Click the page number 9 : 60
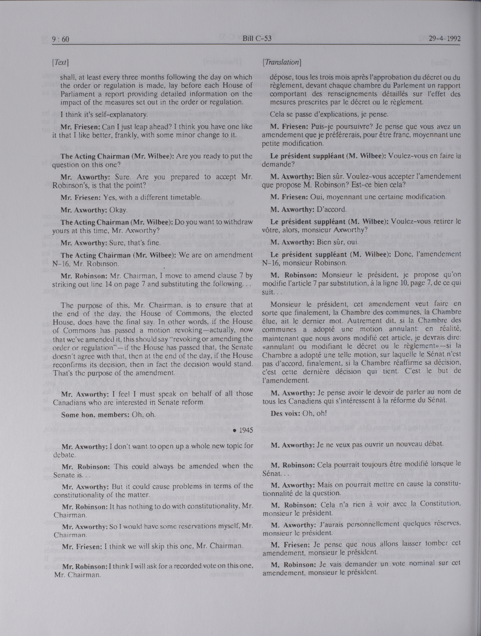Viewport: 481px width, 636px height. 61,39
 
